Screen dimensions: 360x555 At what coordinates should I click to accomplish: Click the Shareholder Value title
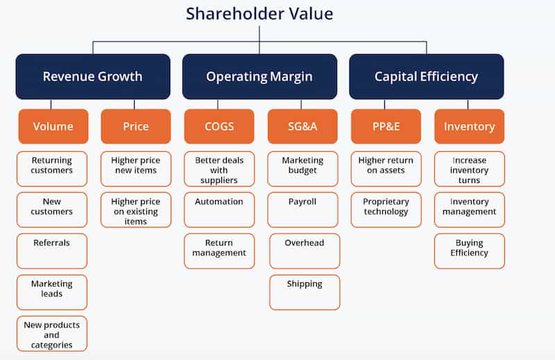click(259, 13)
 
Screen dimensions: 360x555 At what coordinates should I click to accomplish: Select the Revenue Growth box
click(93, 76)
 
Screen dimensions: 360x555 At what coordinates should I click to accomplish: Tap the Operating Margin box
click(259, 76)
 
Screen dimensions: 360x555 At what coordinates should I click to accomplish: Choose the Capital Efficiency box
click(426, 76)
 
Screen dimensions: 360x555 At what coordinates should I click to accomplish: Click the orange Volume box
click(53, 126)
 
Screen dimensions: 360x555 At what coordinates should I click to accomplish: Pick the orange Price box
click(135, 126)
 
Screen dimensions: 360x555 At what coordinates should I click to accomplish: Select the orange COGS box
click(219, 126)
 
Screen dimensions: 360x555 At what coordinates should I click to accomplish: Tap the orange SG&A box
click(302, 126)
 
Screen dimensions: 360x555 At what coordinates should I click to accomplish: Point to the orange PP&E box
click(386, 126)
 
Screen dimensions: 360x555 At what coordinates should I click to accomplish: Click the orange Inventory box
click(469, 126)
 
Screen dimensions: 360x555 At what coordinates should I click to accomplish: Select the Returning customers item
click(52, 169)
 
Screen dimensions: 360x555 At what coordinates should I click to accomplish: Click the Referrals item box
click(52, 250)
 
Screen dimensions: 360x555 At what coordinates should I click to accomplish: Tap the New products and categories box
click(52, 334)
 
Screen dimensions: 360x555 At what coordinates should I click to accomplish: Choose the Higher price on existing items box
click(135, 209)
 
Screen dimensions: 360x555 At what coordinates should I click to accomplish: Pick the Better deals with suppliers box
click(219, 169)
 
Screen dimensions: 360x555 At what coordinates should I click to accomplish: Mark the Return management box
click(219, 250)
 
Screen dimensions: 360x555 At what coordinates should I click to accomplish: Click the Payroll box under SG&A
click(302, 209)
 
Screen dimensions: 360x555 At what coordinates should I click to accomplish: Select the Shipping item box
click(305, 292)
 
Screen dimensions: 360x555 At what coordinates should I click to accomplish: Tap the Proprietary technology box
click(386, 209)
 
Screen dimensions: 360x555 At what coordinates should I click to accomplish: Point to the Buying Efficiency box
click(469, 250)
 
